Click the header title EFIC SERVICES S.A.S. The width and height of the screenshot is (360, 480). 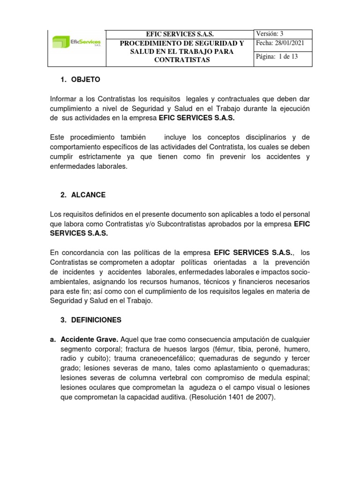(180, 34)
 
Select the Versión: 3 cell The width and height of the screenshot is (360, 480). (269, 34)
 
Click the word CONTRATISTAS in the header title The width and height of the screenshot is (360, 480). (182, 60)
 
